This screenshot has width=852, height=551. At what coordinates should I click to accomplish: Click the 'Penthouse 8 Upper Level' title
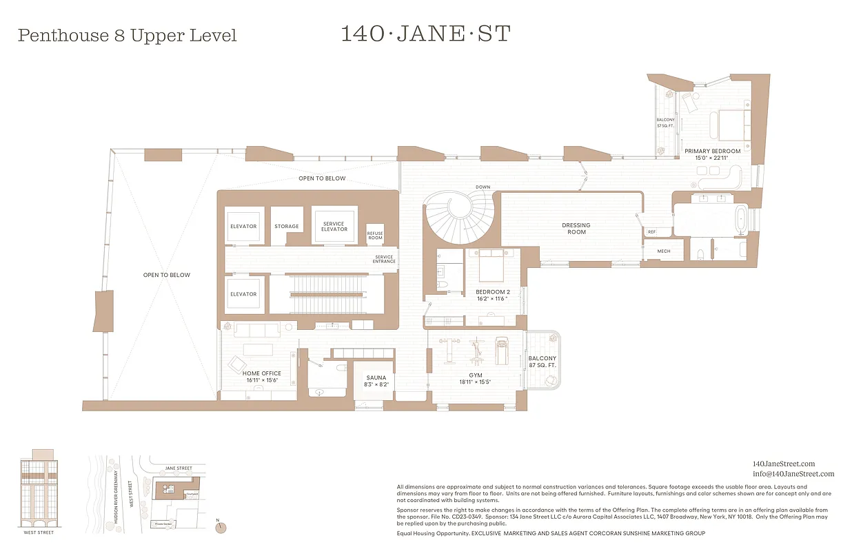127,36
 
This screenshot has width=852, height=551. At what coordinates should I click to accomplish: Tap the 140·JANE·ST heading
425,34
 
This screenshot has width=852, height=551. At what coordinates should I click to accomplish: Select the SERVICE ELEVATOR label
334,226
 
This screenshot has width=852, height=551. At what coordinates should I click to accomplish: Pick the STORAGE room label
286,227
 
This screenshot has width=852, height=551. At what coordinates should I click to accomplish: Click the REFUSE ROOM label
375,234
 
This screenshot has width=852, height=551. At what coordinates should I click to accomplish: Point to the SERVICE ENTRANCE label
384,259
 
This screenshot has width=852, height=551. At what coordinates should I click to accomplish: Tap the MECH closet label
663,251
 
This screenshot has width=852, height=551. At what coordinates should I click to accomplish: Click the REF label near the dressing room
652,232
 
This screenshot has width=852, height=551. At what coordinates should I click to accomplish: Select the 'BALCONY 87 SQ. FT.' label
542,362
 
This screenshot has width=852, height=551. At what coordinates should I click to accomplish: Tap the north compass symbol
221,527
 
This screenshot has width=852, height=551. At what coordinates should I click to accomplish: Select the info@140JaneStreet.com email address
793,474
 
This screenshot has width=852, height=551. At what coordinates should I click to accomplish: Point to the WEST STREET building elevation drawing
38,488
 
